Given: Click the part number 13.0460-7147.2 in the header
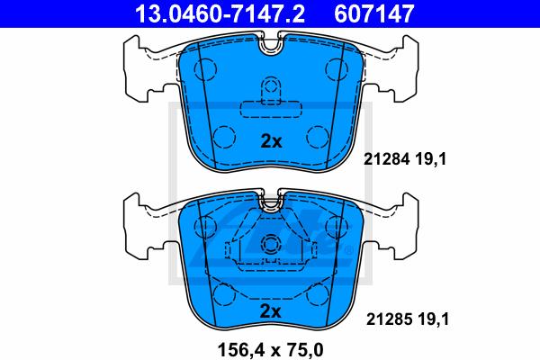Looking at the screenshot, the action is [220, 13].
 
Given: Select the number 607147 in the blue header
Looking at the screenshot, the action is [374, 13].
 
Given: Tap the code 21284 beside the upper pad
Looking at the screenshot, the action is [386, 159].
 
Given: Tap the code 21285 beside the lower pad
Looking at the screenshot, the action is [389, 319].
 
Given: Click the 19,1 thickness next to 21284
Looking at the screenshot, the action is [430, 159].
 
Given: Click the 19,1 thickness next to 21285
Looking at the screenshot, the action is [434, 319].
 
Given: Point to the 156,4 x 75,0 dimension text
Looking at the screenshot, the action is [270, 350].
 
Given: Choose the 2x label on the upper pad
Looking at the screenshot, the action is [271, 141].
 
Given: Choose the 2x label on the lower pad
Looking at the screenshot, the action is [271, 311].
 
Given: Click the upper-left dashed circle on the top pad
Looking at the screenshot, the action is [205, 69].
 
